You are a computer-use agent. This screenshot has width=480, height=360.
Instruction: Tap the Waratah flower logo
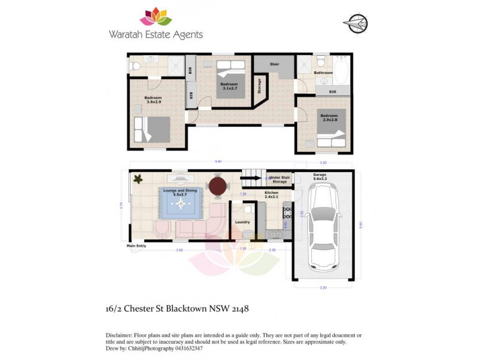click(x=155, y=17)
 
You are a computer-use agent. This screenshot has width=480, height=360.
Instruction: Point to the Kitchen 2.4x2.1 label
click(x=272, y=195)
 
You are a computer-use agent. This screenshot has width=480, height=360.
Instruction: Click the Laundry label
click(x=242, y=222)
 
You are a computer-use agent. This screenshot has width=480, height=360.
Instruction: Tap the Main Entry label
click(x=137, y=245)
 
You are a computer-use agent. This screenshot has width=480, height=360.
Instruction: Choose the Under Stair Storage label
click(x=280, y=179)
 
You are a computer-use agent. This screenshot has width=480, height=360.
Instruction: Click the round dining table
click(x=218, y=186)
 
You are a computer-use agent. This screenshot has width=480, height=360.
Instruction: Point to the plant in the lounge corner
click(x=138, y=179)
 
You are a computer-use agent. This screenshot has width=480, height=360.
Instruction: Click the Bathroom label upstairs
click(x=323, y=73)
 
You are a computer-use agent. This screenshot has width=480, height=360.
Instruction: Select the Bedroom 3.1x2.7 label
click(x=229, y=86)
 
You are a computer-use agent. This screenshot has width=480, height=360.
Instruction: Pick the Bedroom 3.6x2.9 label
click(x=153, y=100)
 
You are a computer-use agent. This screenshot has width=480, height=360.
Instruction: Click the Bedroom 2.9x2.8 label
click(x=329, y=118)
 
